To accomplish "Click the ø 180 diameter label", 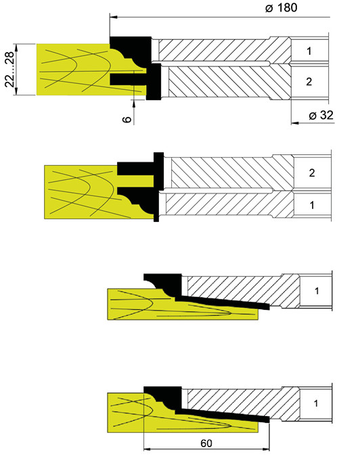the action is (x=281, y=8).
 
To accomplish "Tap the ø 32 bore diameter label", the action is (x=321, y=116).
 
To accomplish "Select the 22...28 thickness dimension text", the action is (x=9, y=69).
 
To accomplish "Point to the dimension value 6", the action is (x=127, y=119).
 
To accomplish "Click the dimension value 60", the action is (x=206, y=443).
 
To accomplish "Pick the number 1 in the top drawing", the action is (x=309, y=51).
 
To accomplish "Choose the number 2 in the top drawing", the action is (x=309, y=81).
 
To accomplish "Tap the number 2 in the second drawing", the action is (x=312, y=173).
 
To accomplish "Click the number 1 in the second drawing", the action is (x=312, y=205).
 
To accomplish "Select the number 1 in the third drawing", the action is (x=317, y=291).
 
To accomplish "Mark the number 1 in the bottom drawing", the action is (x=316, y=403).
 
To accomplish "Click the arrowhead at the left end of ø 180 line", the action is (x=114, y=17).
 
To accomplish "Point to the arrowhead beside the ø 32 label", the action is (x=295, y=123).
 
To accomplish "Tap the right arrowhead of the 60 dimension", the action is (x=266, y=449).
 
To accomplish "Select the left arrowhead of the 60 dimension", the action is (x=148, y=449).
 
